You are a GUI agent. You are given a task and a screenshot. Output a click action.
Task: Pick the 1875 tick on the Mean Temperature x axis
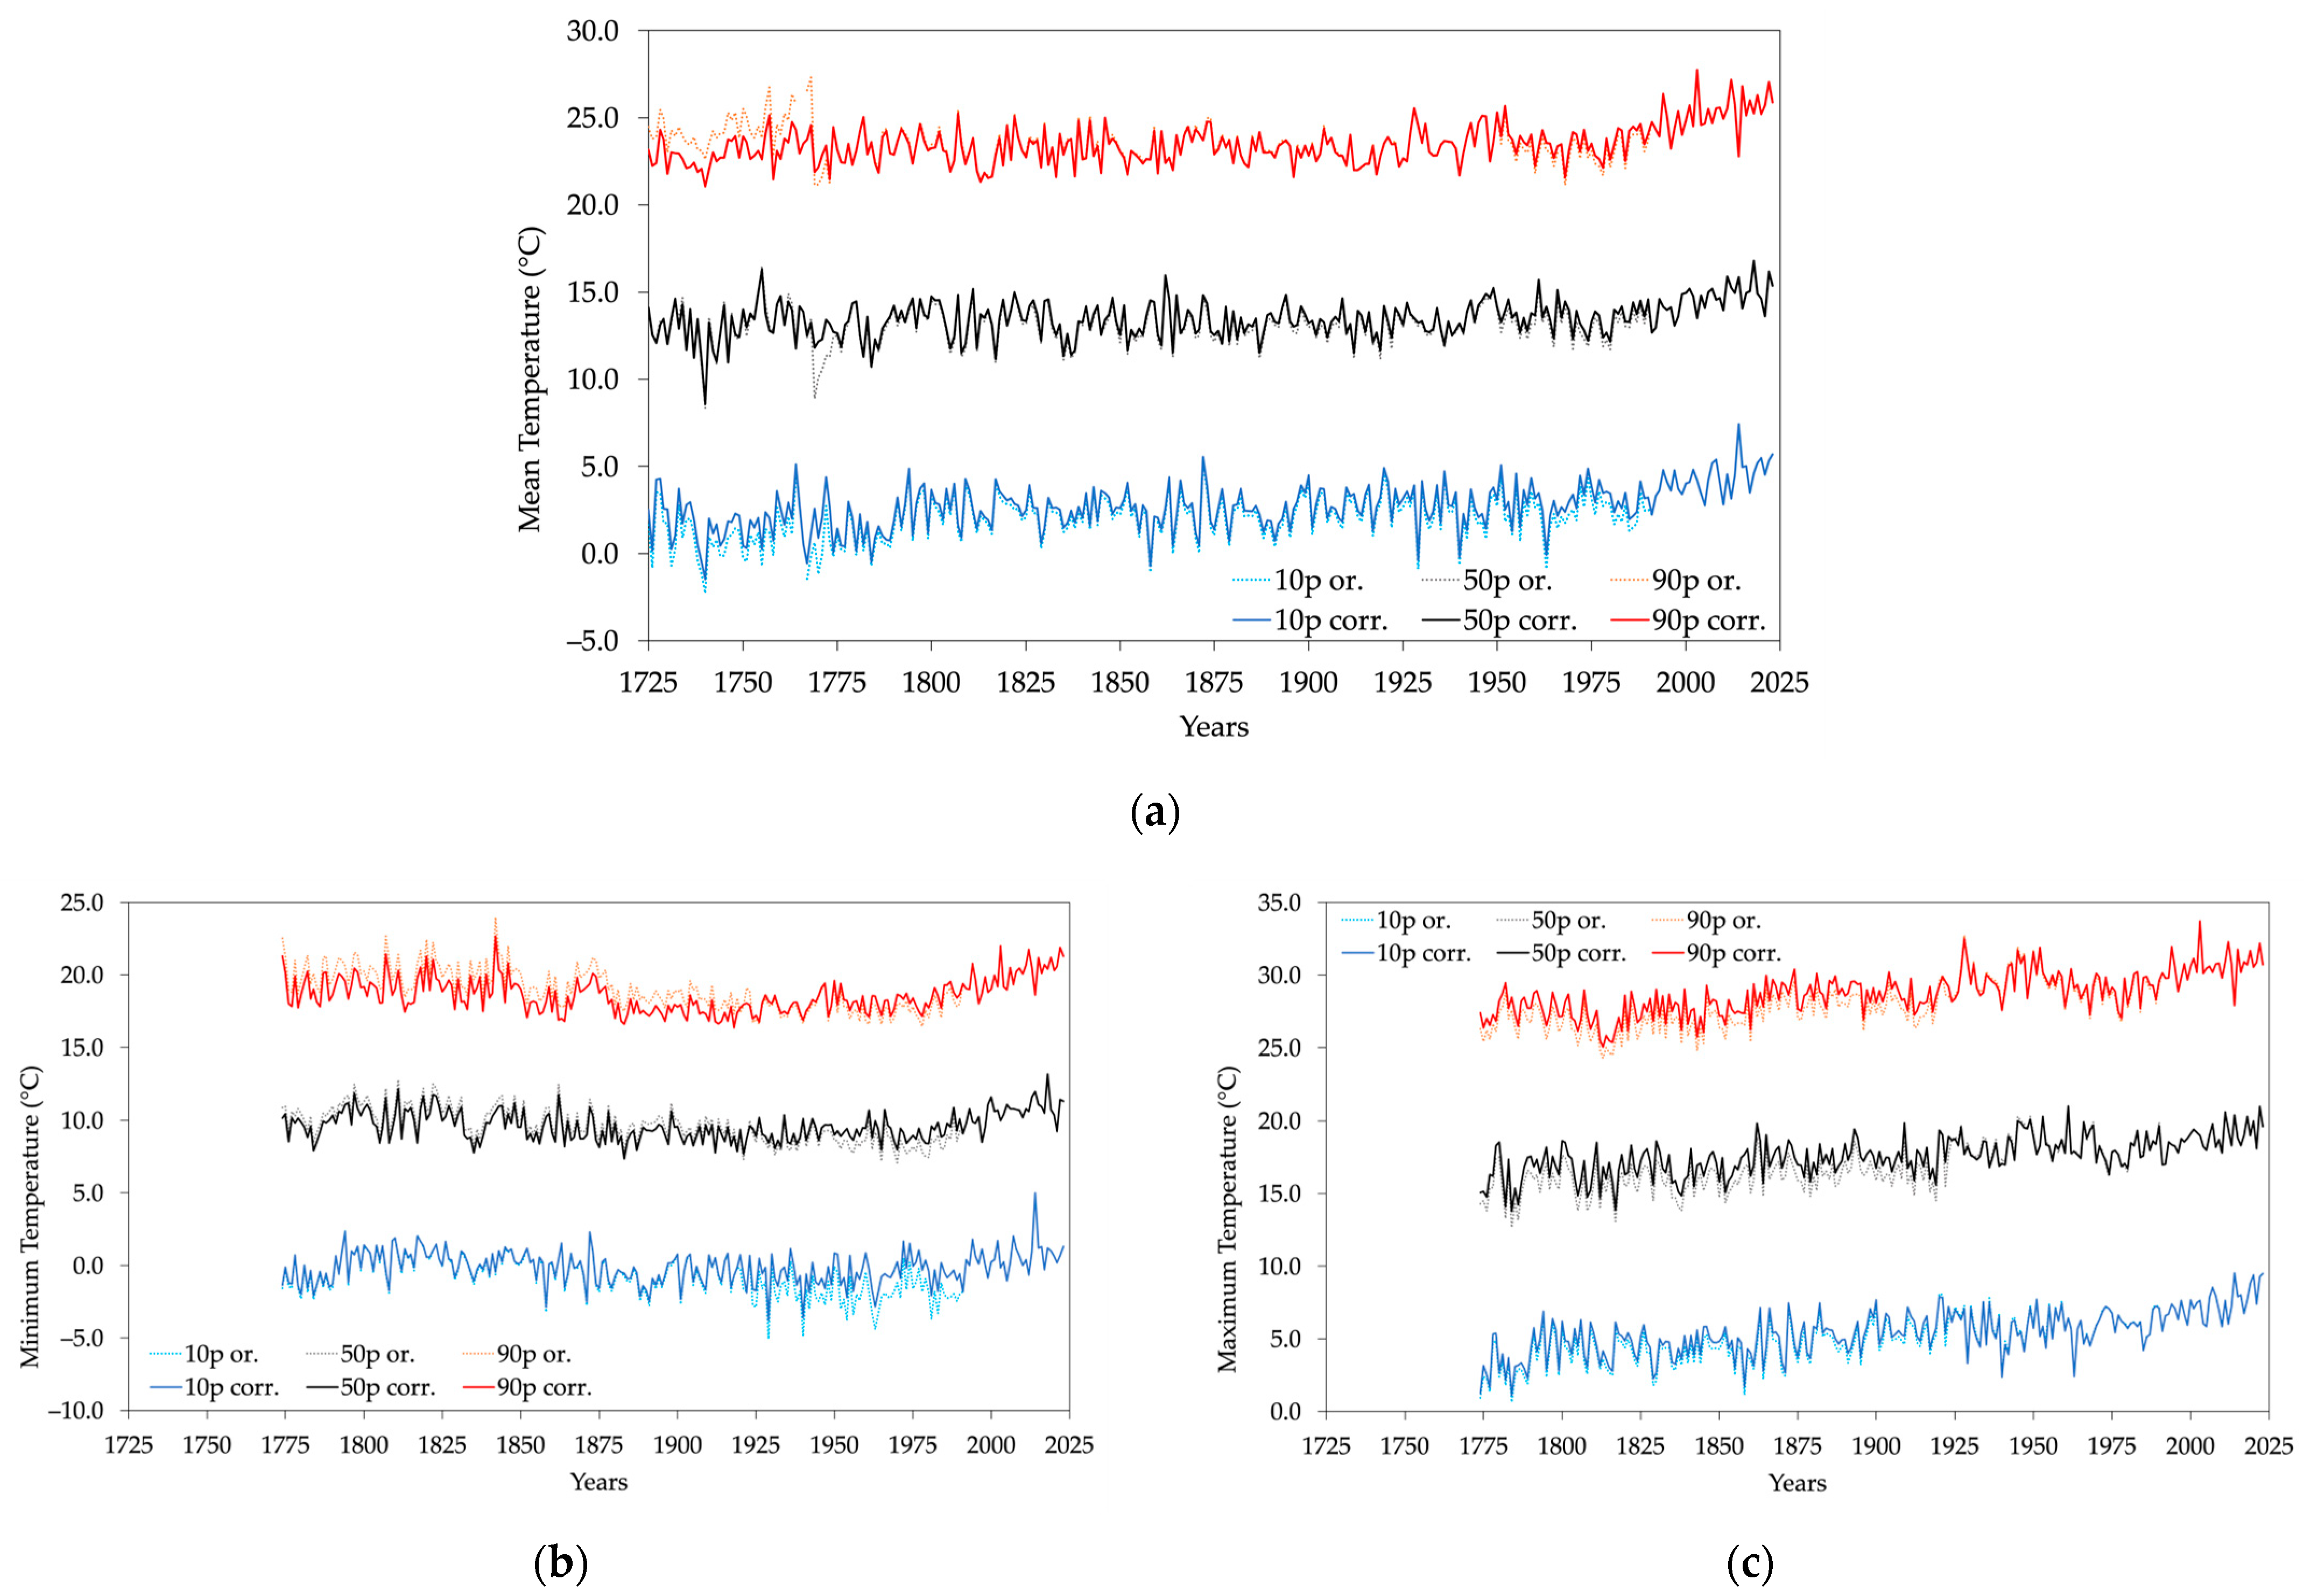pyautogui.click(x=1214, y=683)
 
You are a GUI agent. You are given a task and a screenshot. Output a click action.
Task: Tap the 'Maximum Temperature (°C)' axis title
pyautogui.click(x=1228, y=1218)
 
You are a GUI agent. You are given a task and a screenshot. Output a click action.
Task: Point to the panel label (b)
pyautogui.click(x=560, y=1563)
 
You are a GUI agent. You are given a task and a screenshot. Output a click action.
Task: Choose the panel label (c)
pyautogui.click(x=1750, y=1563)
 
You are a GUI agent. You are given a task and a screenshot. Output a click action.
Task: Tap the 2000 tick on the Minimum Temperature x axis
pyautogui.click(x=991, y=1445)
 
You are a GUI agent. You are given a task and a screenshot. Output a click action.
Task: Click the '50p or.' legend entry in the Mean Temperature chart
pyautogui.click(x=1507, y=581)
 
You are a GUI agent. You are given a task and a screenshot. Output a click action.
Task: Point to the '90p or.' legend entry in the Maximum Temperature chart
pyautogui.click(x=1723, y=921)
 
